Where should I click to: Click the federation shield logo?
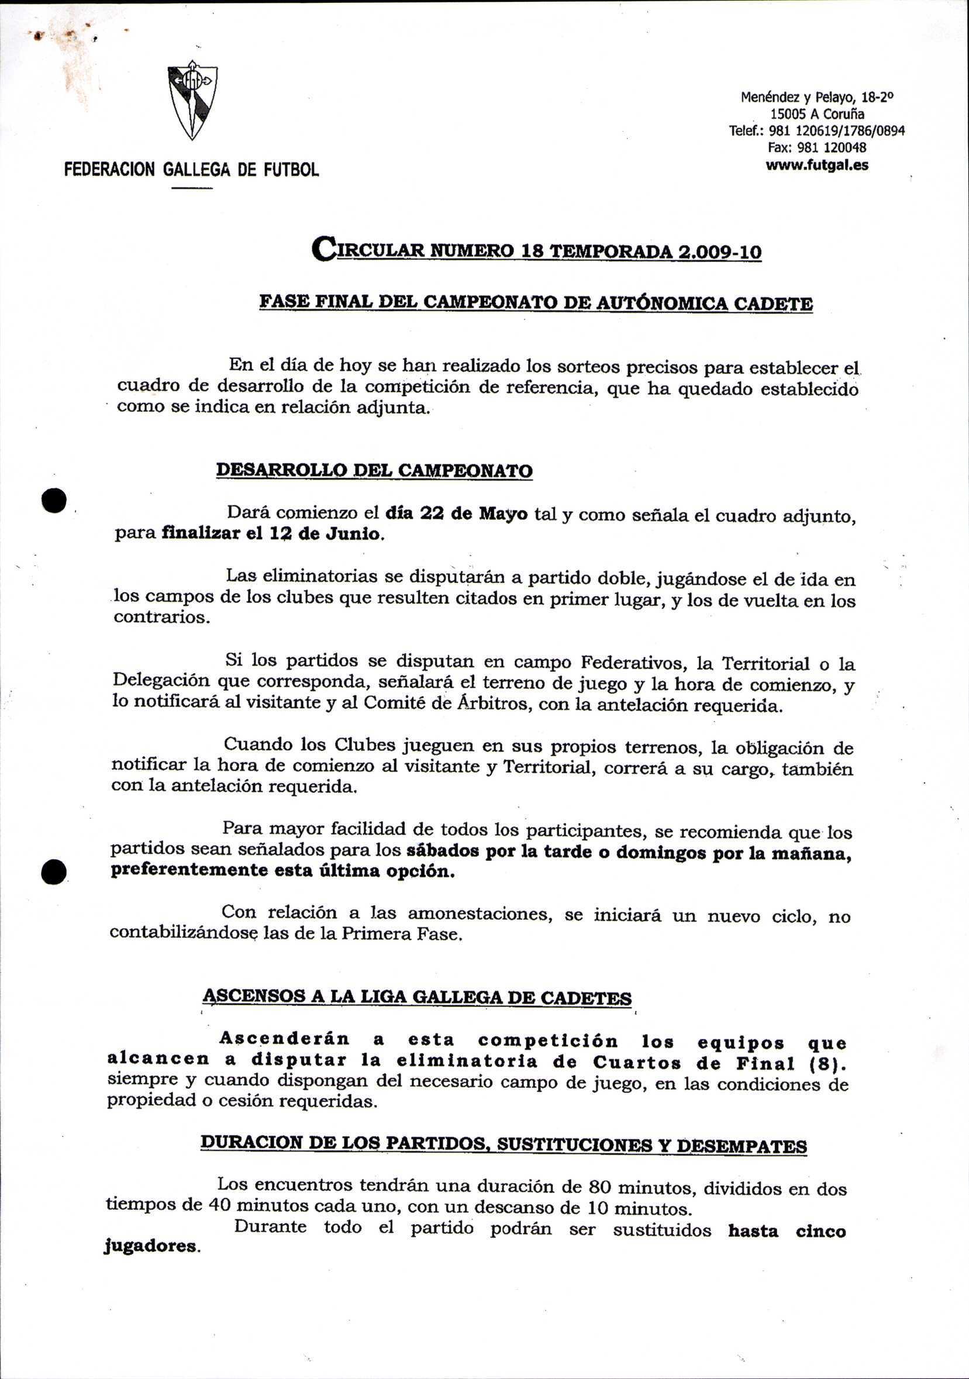[x=192, y=101]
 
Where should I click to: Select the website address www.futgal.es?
[x=816, y=165]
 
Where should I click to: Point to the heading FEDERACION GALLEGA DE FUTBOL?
[x=192, y=170]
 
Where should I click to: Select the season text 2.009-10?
[x=719, y=251]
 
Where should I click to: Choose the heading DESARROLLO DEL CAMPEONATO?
[x=374, y=470]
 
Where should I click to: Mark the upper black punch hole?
[x=53, y=499]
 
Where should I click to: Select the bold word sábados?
[x=442, y=851]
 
